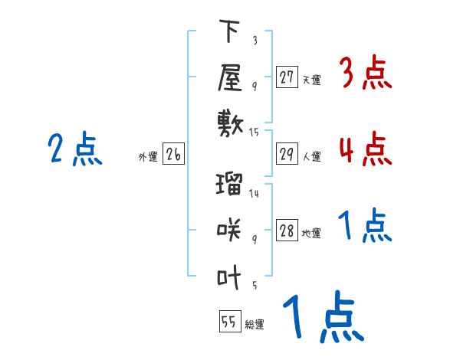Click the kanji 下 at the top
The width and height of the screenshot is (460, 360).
click(230, 33)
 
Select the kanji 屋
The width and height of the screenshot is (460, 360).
click(230, 77)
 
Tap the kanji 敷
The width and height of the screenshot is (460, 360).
click(230, 121)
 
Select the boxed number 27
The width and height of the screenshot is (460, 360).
click(287, 77)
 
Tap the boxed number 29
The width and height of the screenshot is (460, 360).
click(287, 155)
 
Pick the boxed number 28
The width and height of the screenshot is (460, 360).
click(287, 231)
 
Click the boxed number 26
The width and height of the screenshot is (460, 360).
click(173, 155)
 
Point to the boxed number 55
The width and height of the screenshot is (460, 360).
click(229, 322)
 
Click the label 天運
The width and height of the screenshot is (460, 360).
click(311, 79)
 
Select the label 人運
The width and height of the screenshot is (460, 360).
click(311, 157)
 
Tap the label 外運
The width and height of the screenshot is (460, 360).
click(148, 157)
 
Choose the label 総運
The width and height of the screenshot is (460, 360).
click(255, 324)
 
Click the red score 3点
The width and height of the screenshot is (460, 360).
click(364, 74)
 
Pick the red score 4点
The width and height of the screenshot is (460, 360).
click(364, 148)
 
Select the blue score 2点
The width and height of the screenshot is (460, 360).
click(75, 149)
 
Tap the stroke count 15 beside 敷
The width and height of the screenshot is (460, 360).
click(254, 133)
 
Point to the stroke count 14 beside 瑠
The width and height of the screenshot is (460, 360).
click(254, 194)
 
